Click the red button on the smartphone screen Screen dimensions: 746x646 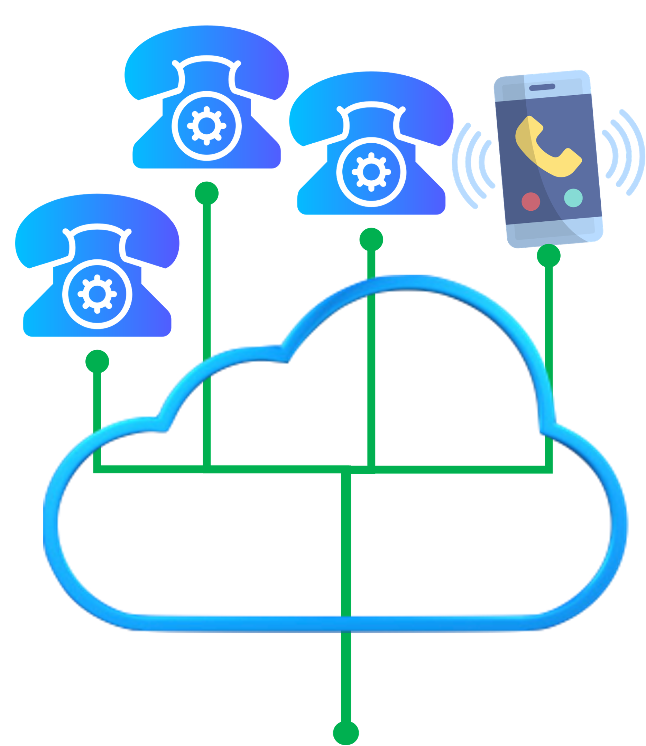point(530,201)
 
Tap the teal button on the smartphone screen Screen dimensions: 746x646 point(573,198)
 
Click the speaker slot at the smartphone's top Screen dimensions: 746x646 point(542,87)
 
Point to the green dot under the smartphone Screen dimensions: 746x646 point(548,256)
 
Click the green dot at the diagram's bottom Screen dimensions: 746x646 point(346,732)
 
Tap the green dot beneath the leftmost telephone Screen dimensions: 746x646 point(98,362)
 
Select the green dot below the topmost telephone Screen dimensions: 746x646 point(206,193)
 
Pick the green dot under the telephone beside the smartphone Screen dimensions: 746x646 point(371,239)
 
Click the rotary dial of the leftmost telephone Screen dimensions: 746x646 point(97,294)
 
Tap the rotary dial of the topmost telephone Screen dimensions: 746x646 point(206,126)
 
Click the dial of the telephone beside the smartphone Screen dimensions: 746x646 point(371,172)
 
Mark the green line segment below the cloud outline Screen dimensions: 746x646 point(346,677)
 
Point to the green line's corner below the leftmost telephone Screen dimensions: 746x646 point(98,469)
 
